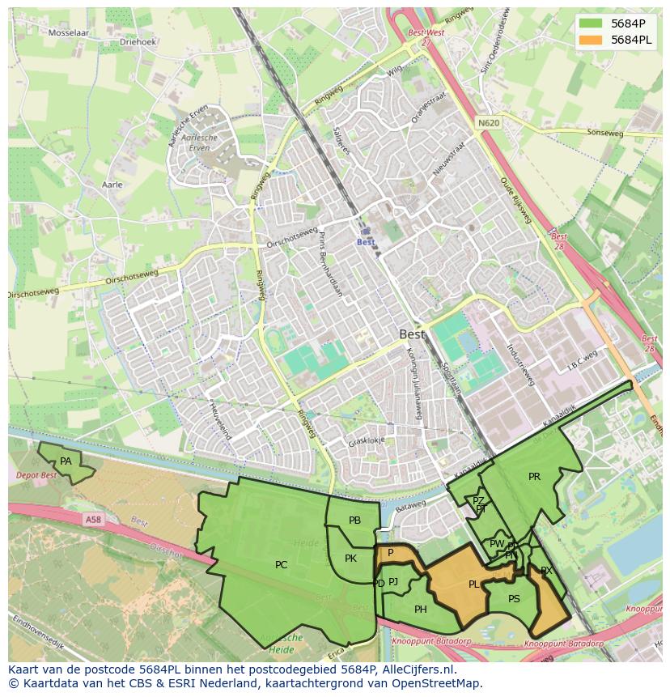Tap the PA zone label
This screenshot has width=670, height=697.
click(66, 461)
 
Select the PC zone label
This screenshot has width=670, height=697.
click(281, 565)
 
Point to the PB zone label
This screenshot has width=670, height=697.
click(354, 521)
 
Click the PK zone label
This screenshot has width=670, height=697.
click(350, 559)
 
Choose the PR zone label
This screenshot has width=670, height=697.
click(534, 477)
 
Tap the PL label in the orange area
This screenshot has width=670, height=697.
click(473, 584)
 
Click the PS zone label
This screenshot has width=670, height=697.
click(514, 599)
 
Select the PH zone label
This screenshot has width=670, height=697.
click(420, 610)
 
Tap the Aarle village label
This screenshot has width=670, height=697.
click(112, 185)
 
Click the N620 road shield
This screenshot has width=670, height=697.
click(488, 123)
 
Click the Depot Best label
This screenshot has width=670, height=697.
click(36, 475)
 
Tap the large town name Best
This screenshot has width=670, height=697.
click(412, 334)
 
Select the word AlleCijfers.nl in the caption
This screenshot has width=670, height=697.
click(415, 670)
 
